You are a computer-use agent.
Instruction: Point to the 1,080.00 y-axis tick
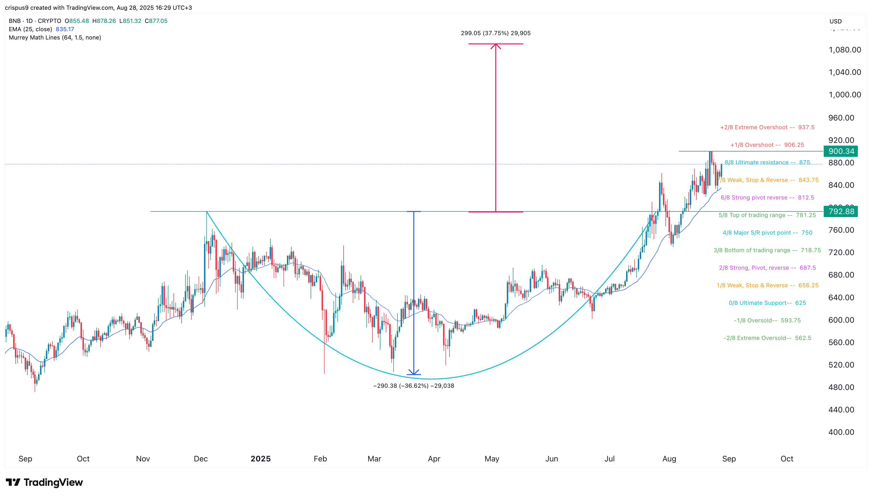(844, 50)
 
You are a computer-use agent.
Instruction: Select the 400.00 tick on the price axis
(841, 432)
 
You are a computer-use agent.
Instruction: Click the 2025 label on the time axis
(261, 459)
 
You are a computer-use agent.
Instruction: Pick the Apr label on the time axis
(434, 459)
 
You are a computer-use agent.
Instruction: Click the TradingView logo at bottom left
(44, 482)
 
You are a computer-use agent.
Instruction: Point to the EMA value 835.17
(65, 29)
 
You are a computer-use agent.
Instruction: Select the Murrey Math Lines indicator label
(55, 38)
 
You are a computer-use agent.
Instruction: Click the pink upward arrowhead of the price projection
(496, 46)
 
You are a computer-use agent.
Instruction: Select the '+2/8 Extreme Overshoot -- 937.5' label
(767, 127)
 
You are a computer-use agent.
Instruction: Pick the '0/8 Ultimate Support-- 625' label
(767, 303)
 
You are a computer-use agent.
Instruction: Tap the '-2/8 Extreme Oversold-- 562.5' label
(767, 338)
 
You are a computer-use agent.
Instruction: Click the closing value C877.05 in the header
(156, 21)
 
